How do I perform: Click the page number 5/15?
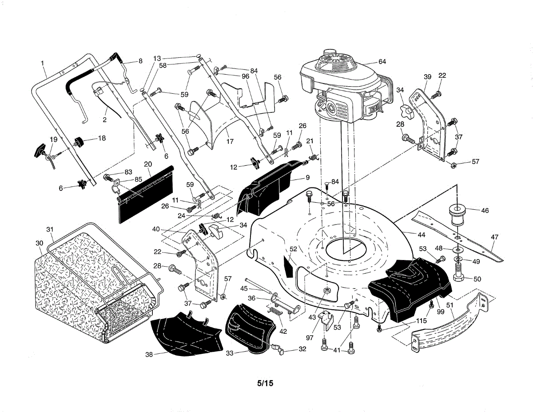(x=265, y=383)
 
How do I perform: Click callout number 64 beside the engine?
(x=382, y=62)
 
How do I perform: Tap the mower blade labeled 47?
(x=457, y=237)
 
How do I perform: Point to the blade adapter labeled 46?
(x=457, y=216)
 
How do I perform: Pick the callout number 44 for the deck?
(x=421, y=235)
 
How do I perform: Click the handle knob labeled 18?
(x=79, y=142)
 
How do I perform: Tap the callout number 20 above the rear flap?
(x=148, y=164)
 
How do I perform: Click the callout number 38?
(x=149, y=354)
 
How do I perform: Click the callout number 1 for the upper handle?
(x=43, y=63)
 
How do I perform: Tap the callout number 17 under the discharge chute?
(x=230, y=141)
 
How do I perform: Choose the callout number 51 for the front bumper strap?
(x=449, y=305)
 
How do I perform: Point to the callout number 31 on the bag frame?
(x=50, y=229)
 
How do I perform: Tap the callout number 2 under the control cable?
(x=105, y=120)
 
